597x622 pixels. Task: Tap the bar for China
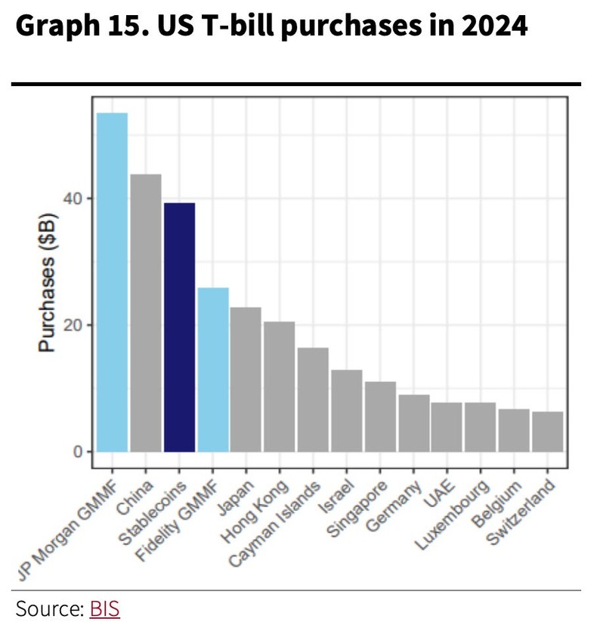(145, 313)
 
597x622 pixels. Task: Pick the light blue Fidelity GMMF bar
(212, 369)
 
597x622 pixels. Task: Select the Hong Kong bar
(279, 386)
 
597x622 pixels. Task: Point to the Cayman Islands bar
(313, 399)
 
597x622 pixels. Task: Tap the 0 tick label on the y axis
(79, 451)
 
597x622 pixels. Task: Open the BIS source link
(104, 608)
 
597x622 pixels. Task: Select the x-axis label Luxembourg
(465, 513)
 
